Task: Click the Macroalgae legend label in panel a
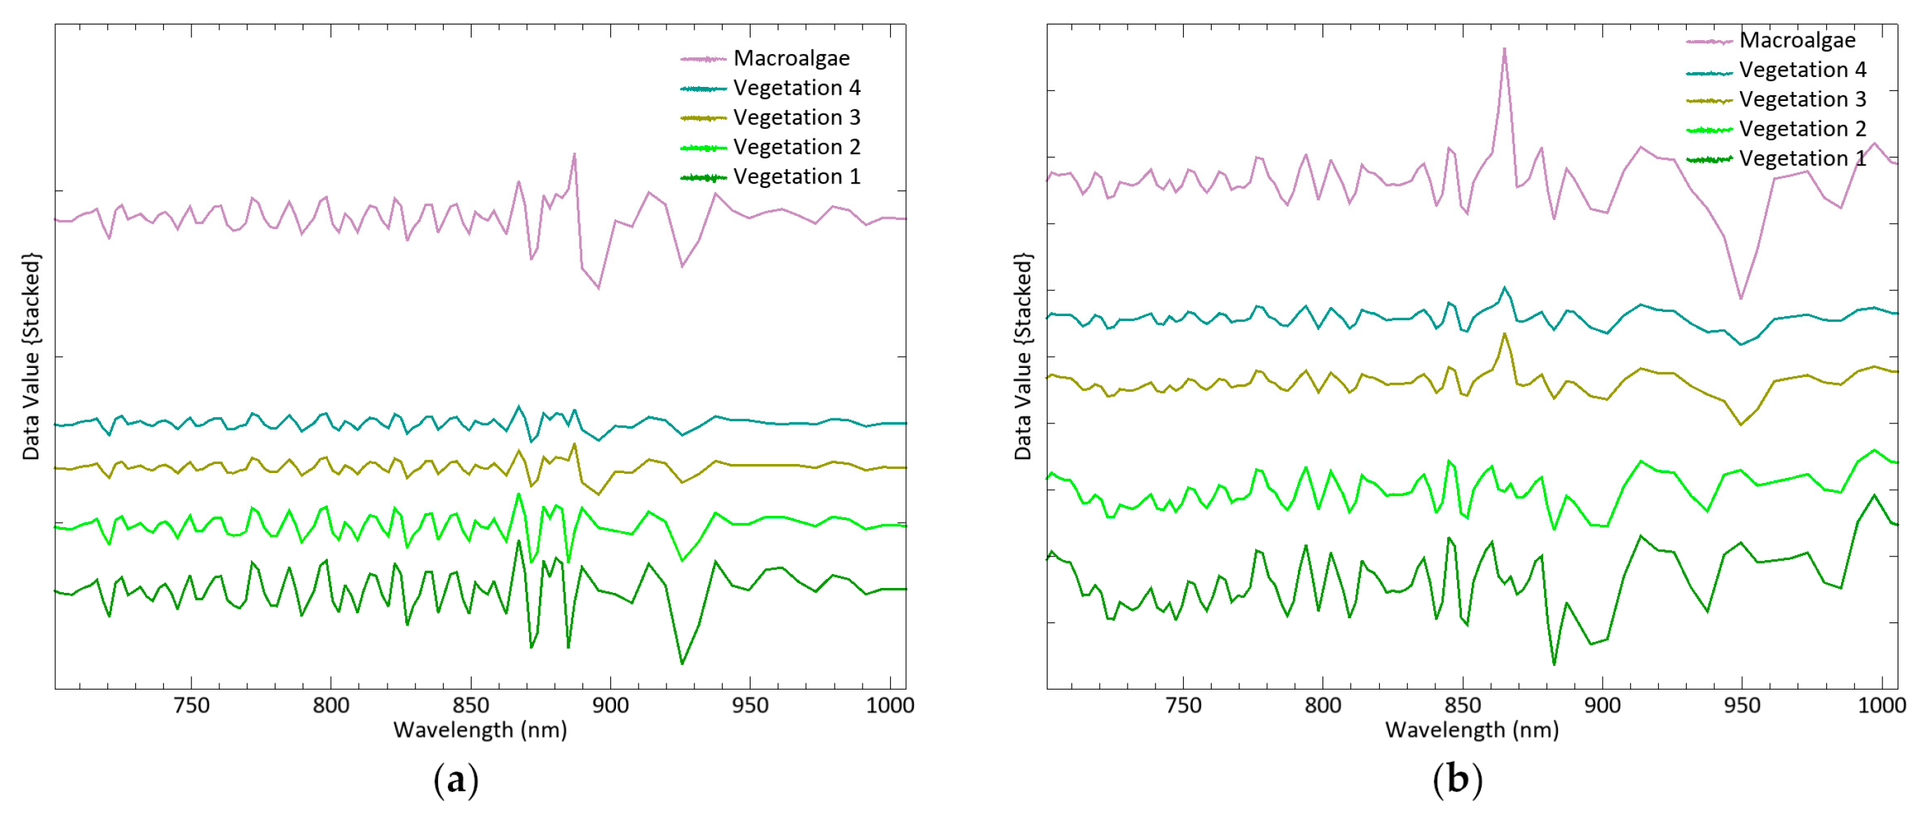click(x=791, y=58)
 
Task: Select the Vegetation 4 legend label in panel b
click(x=1801, y=70)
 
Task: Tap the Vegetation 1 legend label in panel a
click(x=796, y=177)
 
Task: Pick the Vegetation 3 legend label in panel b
click(x=1801, y=100)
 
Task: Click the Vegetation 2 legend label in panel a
click(x=796, y=147)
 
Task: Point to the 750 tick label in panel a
click(x=191, y=706)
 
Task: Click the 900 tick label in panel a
click(x=610, y=706)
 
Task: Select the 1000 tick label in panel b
click(x=1881, y=706)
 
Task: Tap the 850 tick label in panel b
click(x=1462, y=706)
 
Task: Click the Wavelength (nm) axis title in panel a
click(x=480, y=730)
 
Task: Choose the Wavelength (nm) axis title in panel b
click(x=1472, y=730)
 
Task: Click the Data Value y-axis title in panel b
click(x=1022, y=356)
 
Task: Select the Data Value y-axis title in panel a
click(x=31, y=356)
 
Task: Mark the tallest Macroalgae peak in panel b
click(x=1503, y=49)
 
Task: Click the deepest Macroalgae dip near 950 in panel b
click(x=1741, y=298)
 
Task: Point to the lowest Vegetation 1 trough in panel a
click(x=682, y=663)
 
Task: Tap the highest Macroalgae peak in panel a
click(x=574, y=154)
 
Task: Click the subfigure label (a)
click(x=456, y=781)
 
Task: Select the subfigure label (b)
click(x=1456, y=781)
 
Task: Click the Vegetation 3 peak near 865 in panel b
click(x=1503, y=334)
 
